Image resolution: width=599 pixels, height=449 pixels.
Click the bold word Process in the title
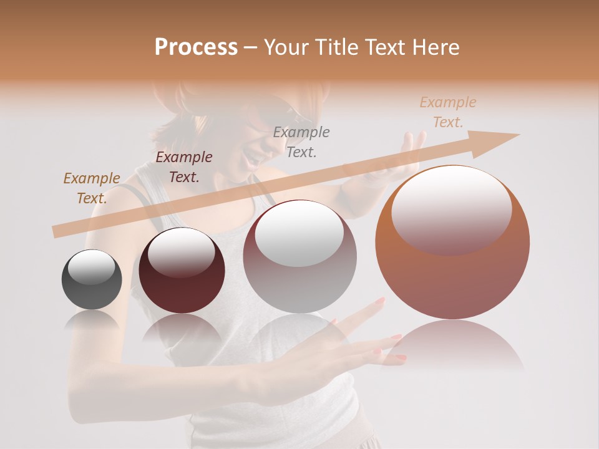click(196, 47)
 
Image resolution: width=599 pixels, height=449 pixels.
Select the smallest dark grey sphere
click(92, 279)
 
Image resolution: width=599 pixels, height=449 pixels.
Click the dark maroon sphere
click(182, 271)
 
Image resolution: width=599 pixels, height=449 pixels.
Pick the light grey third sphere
click(300, 256)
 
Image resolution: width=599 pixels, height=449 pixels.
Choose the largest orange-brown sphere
click(452, 243)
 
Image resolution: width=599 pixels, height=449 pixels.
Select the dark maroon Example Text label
click(184, 167)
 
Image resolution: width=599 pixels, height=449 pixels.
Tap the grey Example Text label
click(301, 142)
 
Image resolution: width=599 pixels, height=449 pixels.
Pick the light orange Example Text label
click(448, 112)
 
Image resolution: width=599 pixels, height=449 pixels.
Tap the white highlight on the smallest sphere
click(91, 268)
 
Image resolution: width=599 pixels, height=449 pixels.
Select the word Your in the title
click(286, 47)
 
